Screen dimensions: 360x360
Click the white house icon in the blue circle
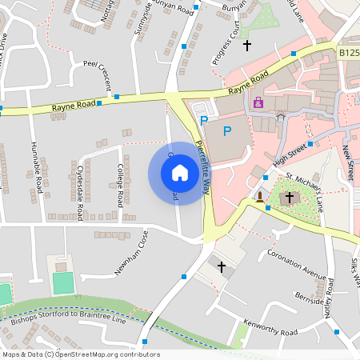(180, 173)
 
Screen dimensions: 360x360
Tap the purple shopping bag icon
(258, 102)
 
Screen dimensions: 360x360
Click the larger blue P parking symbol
(228, 130)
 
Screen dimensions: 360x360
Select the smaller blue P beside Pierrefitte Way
(203, 121)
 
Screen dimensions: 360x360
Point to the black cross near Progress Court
(247, 45)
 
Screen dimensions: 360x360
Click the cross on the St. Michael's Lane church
(289, 197)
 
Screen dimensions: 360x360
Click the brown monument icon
(260, 196)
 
